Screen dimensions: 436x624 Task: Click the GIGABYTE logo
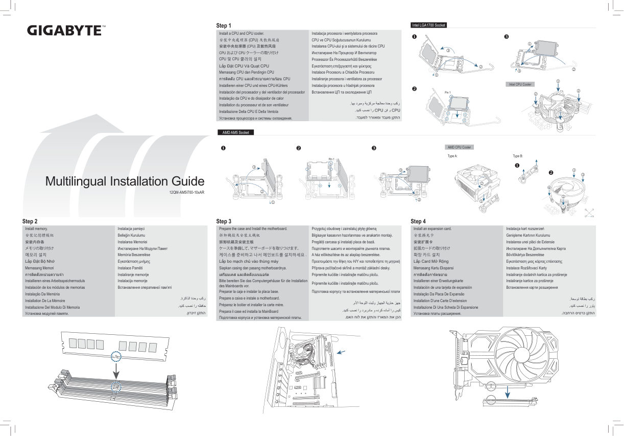pos(67,30)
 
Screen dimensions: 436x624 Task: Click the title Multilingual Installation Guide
pos(125,181)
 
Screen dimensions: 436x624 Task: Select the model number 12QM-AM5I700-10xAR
pos(186,193)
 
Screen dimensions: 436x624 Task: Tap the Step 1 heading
pos(224,26)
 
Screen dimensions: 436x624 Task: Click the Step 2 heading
pos(30,221)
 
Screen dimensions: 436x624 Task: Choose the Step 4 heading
pos(418,221)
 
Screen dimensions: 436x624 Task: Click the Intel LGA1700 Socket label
pos(428,25)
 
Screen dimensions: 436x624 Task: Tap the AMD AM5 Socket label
pos(236,132)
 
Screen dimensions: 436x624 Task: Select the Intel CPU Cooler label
pos(520,84)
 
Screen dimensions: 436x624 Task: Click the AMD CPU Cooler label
pos(459,147)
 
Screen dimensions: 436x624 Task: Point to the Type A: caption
pos(452,155)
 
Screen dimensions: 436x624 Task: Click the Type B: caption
pos(518,155)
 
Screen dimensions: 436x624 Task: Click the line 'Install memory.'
pos(36,228)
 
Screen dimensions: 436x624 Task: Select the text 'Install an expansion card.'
pos(432,228)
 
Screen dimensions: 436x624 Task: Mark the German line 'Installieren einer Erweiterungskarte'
pos(438,281)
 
